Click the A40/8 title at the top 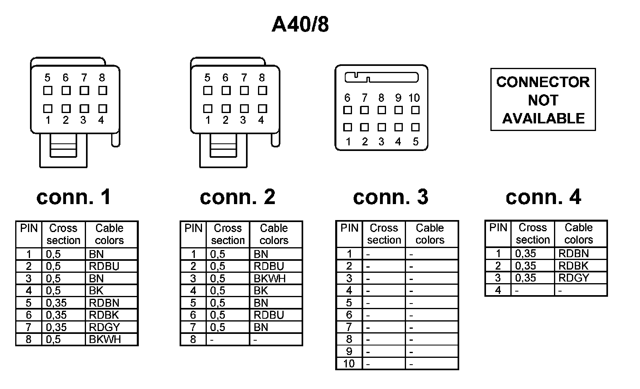pyautogui.click(x=300, y=24)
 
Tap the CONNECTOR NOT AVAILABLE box pyautogui.click(x=543, y=100)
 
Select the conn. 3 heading pyautogui.click(x=390, y=197)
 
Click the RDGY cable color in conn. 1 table pyautogui.click(x=104, y=327)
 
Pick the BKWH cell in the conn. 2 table pyautogui.click(x=270, y=279)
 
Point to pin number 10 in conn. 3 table pyautogui.click(x=349, y=364)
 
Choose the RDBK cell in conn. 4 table pyautogui.click(x=573, y=266)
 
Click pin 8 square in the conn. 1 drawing pyautogui.click(x=102, y=91)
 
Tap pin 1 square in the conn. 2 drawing pyautogui.click(x=208, y=109)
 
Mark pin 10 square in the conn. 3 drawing pyautogui.click(x=415, y=110)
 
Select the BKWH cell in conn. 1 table pyautogui.click(x=105, y=339)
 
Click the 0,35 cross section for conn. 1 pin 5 pyautogui.click(x=56, y=303)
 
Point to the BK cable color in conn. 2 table pyautogui.click(x=261, y=291)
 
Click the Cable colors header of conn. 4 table pyautogui.click(x=578, y=234)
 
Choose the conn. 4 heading pyautogui.click(x=543, y=197)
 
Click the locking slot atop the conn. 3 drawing pyautogui.click(x=381, y=77)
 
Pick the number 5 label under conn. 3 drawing pyautogui.click(x=416, y=142)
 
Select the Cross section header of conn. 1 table pyautogui.click(x=63, y=234)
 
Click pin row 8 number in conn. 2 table pyautogui.click(x=193, y=339)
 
